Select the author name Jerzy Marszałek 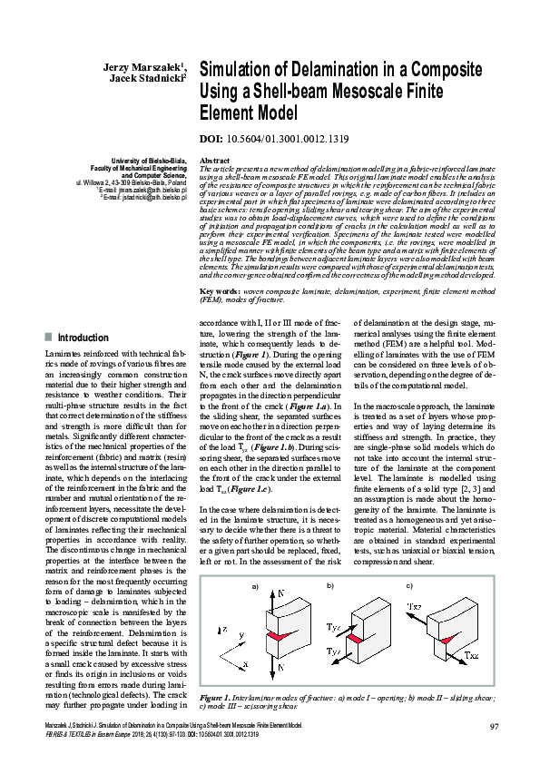(142, 66)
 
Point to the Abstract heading (214, 160)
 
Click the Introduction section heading (83, 338)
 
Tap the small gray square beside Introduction (48, 338)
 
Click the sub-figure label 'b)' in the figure (329, 561)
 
